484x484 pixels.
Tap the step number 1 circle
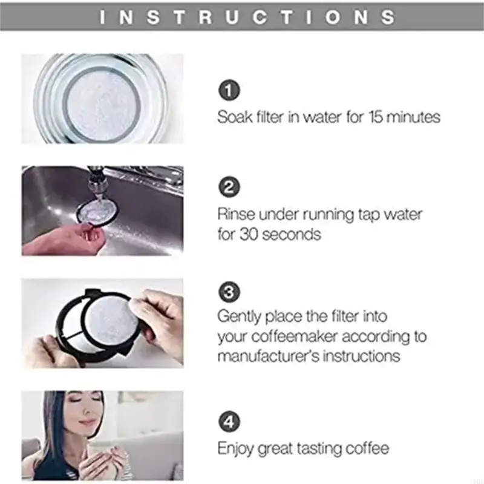tap(229, 91)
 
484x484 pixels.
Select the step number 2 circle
tap(229, 188)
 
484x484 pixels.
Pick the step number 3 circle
tap(229, 293)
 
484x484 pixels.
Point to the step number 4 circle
tap(229, 422)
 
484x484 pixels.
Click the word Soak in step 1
tap(233, 117)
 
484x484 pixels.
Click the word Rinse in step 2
tap(235, 214)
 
